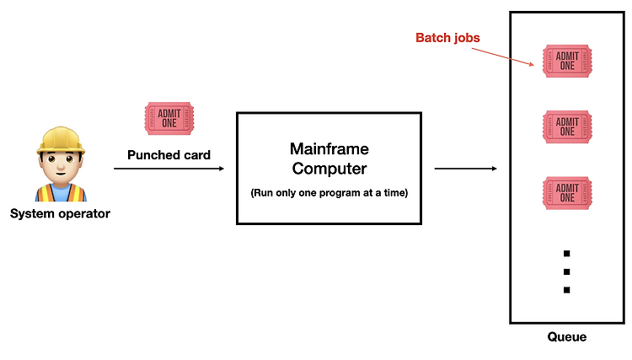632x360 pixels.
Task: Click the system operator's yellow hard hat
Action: point(61,140)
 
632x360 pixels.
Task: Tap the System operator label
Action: point(60,213)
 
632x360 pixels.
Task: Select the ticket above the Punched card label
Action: point(169,119)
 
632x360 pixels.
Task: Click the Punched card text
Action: point(169,155)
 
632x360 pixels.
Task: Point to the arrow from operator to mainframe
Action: point(169,169)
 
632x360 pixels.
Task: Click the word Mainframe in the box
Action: point(329,148)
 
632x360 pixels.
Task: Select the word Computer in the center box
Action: point(329,169)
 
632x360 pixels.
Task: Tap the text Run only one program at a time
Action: point(329,193)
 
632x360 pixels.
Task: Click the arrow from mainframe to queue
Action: point(465,169)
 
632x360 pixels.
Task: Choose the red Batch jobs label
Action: point(447,37)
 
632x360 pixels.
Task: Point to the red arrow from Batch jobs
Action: point(503,56)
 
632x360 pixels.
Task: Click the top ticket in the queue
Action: point(567,61)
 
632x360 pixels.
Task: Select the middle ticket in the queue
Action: point(567,126)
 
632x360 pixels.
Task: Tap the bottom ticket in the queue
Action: point(567,193)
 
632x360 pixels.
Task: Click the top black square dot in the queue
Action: point(567,254)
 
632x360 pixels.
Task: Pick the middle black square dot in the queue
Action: point(567,271)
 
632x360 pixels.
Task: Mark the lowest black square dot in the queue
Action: point(567,290)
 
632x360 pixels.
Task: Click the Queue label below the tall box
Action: point(567,336)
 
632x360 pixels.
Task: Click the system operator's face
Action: point(61,166)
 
